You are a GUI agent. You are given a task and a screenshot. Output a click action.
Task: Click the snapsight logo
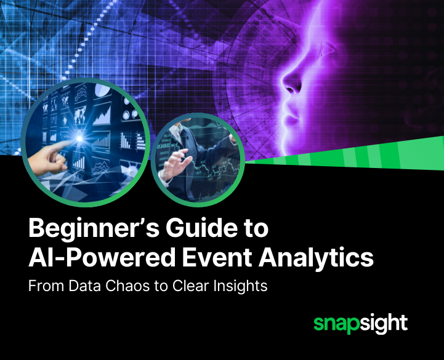click(x=360, y=323)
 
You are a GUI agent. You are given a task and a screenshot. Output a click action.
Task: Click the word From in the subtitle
click(x=43, y=286)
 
